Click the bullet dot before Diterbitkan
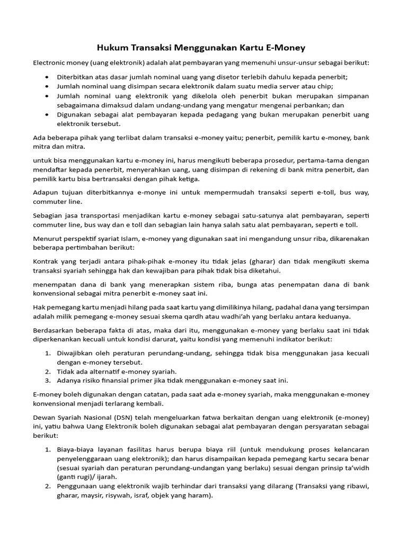tap(48, 77)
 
